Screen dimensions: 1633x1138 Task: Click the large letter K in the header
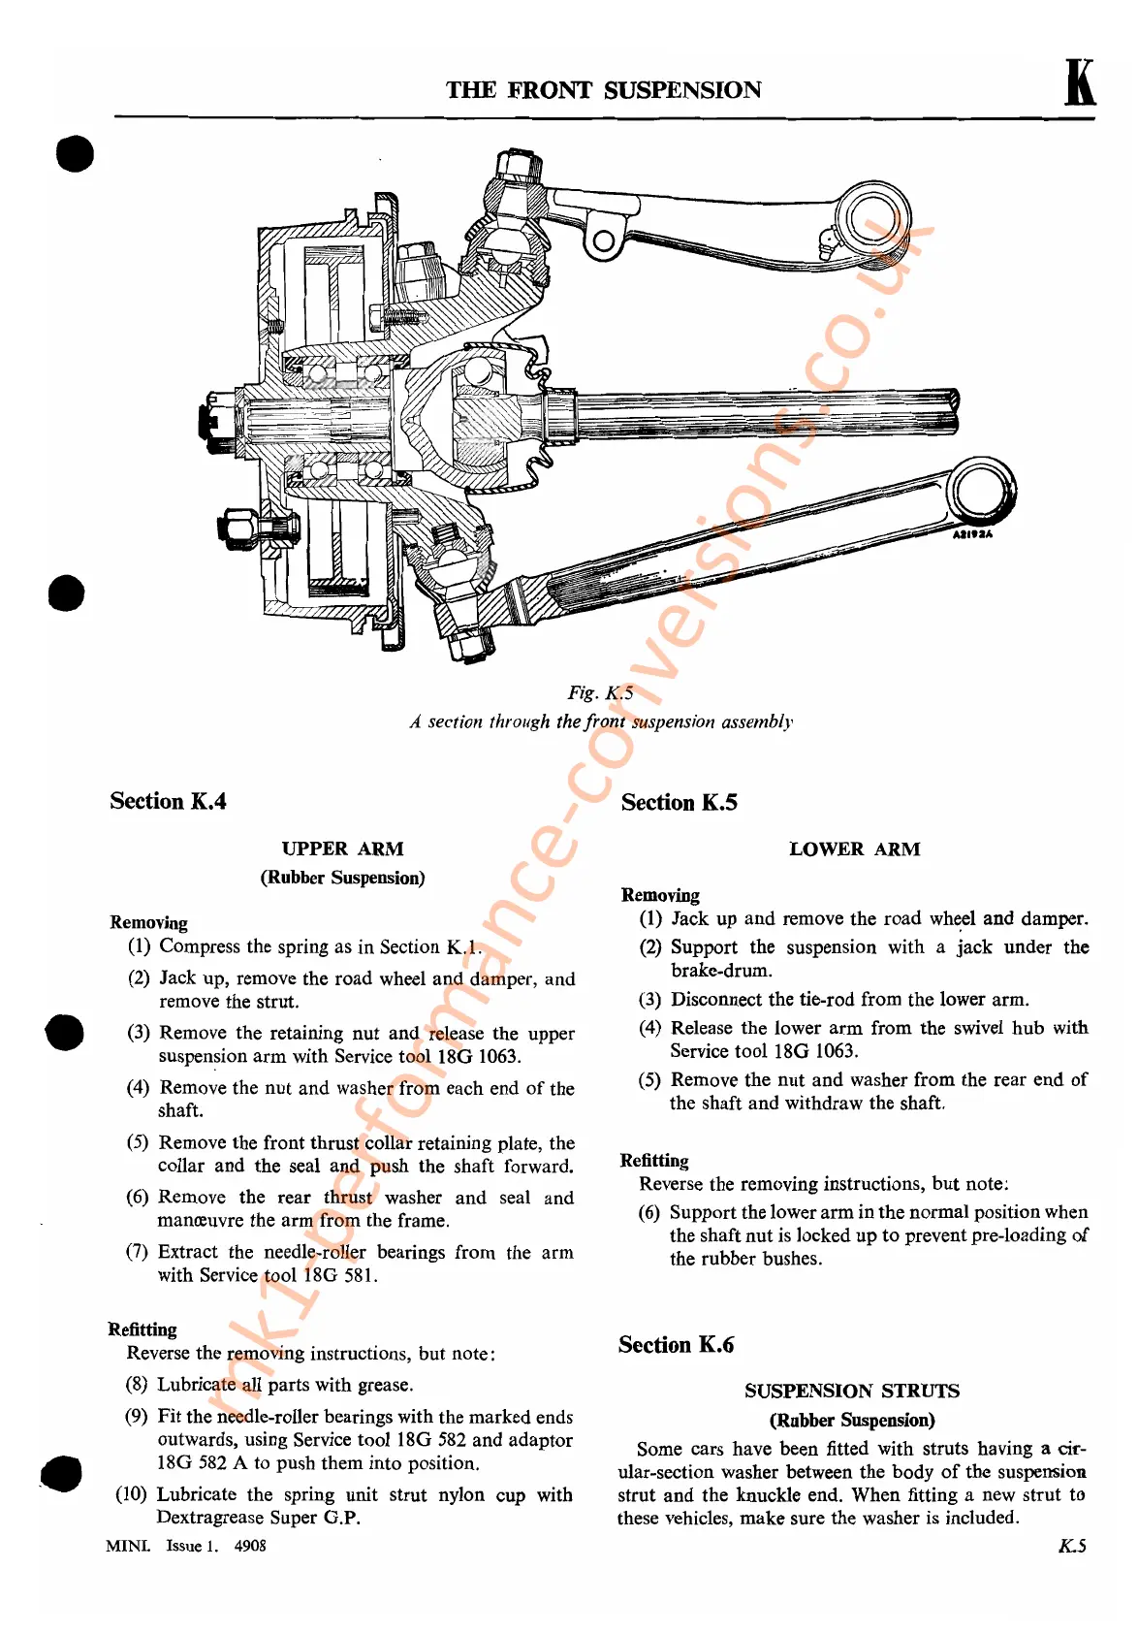[1079, 83]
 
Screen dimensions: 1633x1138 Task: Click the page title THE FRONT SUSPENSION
[603, 90]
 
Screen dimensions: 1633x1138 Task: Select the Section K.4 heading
[168, 801]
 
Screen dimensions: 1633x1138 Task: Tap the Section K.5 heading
[679, 802]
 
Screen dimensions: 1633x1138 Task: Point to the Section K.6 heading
[676, 1344]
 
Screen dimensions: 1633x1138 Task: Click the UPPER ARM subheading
[342, 849]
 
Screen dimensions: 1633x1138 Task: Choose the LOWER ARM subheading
[854, 849]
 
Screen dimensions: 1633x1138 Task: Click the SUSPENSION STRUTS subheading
[851, 1391]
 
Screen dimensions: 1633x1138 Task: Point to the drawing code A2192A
[971, 534]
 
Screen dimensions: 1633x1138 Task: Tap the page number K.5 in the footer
[1071, 1546]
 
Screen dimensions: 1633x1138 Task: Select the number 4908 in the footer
[250, 1546]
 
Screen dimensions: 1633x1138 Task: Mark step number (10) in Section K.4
[131, 1494]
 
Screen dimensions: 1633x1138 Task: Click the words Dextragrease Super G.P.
[258, 1518]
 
